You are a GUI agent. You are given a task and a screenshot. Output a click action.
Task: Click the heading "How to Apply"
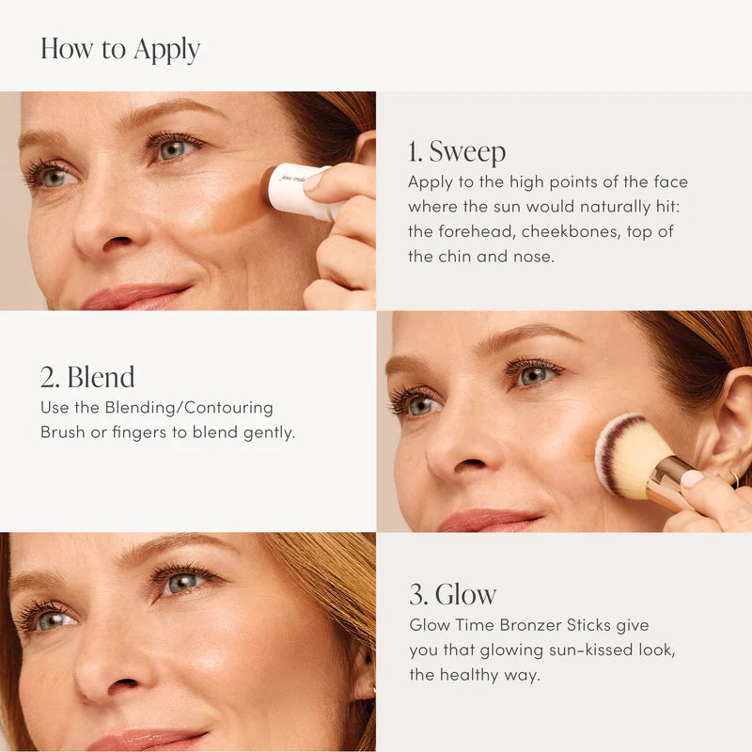pos(120,49)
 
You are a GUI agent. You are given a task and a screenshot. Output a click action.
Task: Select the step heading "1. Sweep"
pos(457,151)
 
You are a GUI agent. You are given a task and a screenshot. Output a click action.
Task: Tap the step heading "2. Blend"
pos(87,377)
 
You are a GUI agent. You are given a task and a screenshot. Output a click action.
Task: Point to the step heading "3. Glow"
pos(452,594)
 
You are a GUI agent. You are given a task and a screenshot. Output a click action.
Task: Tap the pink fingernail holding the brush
pos(693,478)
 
